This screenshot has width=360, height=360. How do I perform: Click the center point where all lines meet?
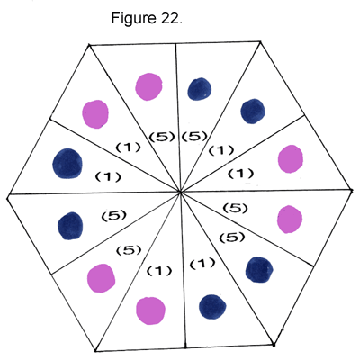point(180,192)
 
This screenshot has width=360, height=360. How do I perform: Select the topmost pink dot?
point(148,86)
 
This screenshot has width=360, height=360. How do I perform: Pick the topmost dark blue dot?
point(200,89)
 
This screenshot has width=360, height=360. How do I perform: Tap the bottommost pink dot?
point(150,310)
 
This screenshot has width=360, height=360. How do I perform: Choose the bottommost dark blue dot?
point(212,307)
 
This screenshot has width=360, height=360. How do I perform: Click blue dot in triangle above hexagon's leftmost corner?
point(67,164)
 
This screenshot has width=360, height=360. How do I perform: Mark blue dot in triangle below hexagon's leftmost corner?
point(70,226)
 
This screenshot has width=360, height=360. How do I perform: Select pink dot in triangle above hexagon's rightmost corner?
point(291,159)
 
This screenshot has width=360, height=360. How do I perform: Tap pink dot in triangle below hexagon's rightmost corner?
point(290,220)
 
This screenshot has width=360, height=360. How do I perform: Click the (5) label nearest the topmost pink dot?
point(162,137)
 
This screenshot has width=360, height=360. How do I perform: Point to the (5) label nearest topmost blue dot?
point(194,137)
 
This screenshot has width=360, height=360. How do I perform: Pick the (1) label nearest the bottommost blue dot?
point(202,264)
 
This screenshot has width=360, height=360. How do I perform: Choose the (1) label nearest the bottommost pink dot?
point(159,271)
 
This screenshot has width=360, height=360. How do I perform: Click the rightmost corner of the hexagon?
point(352,190)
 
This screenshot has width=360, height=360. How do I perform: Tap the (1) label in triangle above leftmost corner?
point(108,177)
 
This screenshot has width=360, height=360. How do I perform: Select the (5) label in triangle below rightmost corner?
point(235,208)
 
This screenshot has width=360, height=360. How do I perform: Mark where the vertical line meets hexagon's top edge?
point(175,44)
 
